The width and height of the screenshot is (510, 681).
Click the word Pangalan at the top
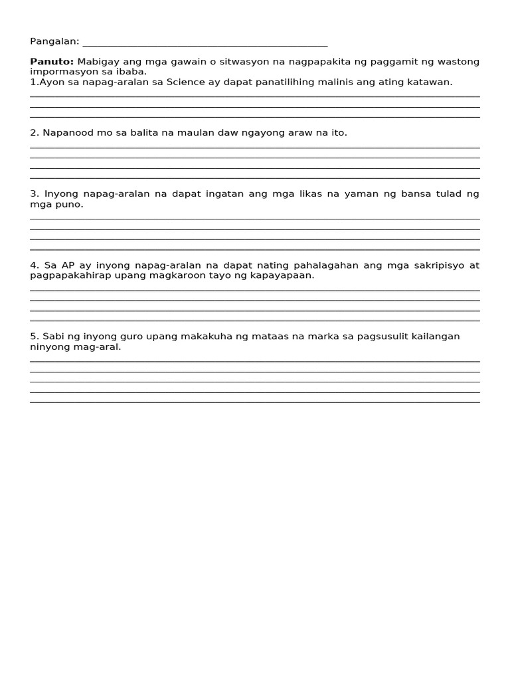pyautogui.click(x=54, y=41)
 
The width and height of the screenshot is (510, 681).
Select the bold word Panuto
pyautogui.click(x=52, y=62)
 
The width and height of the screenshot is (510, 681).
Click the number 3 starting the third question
pyautogui.click(x=33, y=194)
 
